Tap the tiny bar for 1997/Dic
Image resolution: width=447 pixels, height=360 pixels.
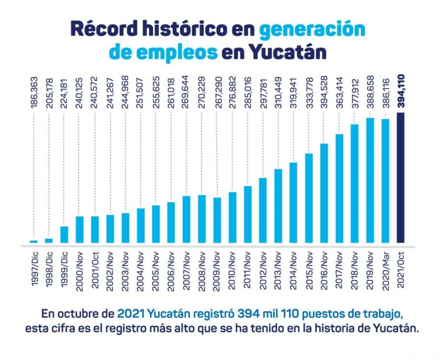point(34,241)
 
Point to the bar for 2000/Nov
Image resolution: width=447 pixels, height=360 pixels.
point(79,230)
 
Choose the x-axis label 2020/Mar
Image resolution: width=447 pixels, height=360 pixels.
point(385,271)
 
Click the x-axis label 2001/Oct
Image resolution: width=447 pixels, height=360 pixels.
point(95,271)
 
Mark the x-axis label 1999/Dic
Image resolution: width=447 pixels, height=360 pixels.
point(64,271)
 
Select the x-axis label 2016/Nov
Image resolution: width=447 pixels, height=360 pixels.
point(324,271)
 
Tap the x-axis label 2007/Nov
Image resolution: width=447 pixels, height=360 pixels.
point(187,271)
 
